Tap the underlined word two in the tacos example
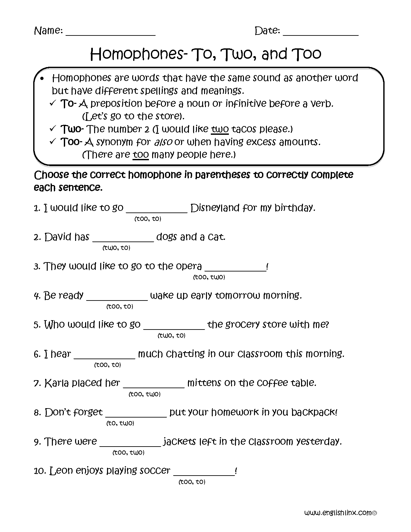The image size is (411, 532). [x=220, y=129]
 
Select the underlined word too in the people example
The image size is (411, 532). [x=141, y=155]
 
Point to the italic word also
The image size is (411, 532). [x=163, y=142]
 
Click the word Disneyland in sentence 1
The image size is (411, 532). [x=215, y=208]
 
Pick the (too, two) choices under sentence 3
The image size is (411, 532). [x=209, y=277]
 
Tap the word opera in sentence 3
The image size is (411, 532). [x=189, y=266]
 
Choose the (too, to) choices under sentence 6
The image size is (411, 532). [x=107, y=365]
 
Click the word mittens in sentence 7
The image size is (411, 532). [x=204, y=383]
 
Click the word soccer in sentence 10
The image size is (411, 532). [x=155, y=471]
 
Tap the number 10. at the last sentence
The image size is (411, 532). [x=40, y=471]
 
